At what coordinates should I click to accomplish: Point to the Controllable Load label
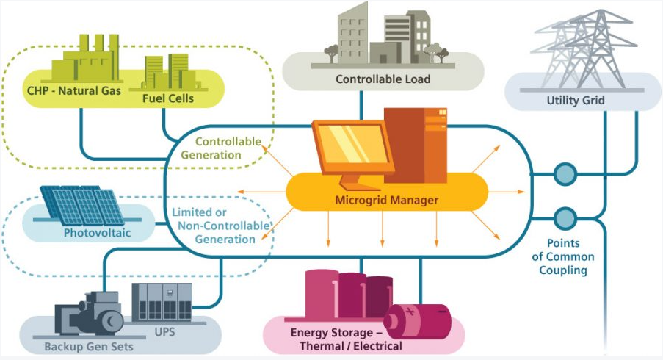pos(383,79)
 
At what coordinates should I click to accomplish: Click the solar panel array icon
pos(81,204)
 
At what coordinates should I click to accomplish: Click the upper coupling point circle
pos(565,174)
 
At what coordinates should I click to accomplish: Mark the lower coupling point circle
pos(565,217)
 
